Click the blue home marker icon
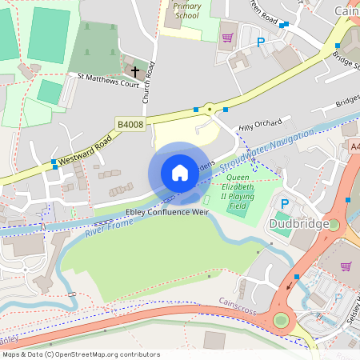pyautogui.click(x=180, y=173)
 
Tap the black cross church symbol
pyautogui.click(x=135, y=72)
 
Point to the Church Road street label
pyautogui.click(x=147, y=80)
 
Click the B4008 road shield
pyautogui.click(x=130, y=125)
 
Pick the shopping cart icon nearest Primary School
pyautogui.click(x=227, y=37)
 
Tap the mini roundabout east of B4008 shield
pyautogui.click(x=210, y=109)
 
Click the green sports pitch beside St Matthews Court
pyautogui.click(x=49, y=92)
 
